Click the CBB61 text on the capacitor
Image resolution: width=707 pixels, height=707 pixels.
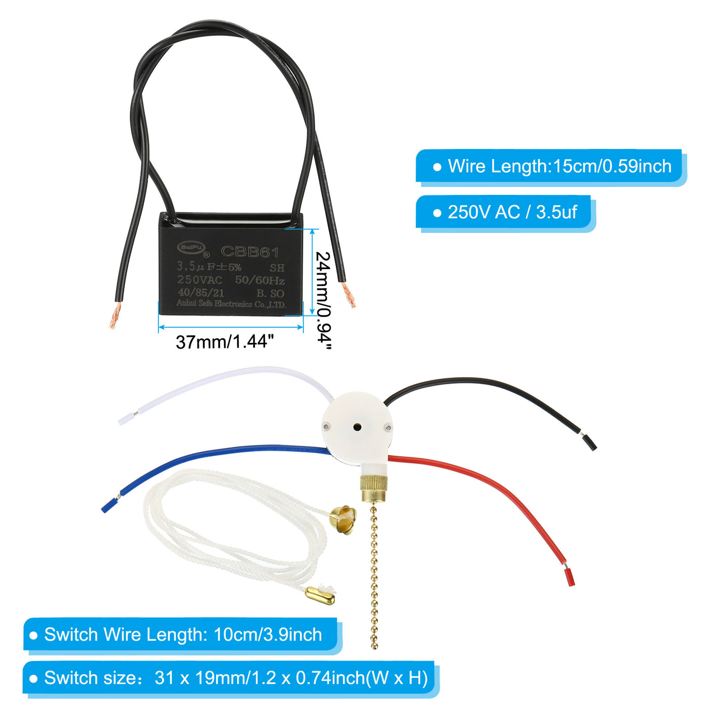click(250, 251)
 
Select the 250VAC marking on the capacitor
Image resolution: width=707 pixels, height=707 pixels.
click(199, 280)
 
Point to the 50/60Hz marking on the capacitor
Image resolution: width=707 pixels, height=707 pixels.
click(260, 280)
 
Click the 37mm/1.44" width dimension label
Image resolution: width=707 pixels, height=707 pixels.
click(224, 342)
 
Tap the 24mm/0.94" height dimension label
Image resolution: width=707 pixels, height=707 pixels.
click(323, 300)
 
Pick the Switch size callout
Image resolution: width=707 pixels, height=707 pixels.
click(230, 678)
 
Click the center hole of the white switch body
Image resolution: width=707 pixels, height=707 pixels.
click(357, 427)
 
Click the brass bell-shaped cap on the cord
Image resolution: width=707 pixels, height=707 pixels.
click(343, 517)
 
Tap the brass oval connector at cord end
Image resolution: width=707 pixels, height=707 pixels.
click(320, 597)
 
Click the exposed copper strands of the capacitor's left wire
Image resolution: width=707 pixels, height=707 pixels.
click(115, 317)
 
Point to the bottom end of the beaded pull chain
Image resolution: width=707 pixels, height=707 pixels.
click(374, 645)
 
